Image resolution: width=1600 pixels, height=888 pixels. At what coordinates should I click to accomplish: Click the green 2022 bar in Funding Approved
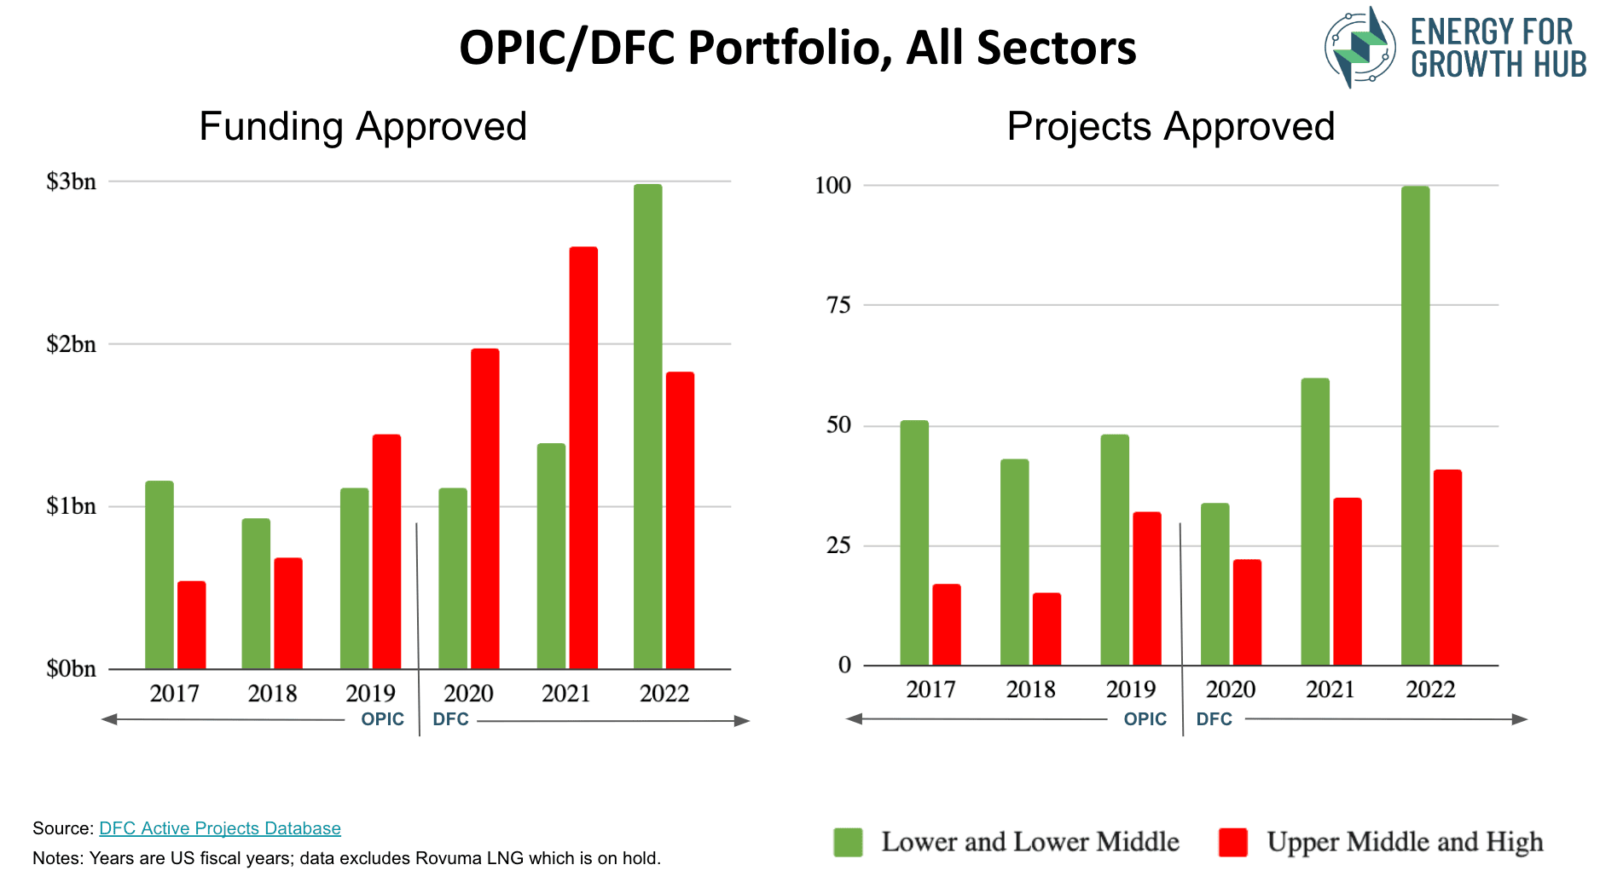click(647, 426)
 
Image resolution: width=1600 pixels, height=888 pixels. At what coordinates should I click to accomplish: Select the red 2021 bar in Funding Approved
click(583, 458)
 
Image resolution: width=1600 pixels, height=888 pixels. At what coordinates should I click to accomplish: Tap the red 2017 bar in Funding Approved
click(191, 625)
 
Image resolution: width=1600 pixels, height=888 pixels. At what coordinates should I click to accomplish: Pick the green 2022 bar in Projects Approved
click(1415, 425)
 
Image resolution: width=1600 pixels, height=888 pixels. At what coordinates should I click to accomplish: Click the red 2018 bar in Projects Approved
click(1046, 629)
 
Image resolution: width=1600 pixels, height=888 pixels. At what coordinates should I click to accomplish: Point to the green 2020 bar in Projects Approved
click(1214, 584)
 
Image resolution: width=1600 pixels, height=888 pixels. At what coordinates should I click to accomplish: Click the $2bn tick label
click(71, 344)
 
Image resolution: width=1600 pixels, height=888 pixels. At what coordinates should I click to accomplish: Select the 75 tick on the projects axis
click(838, 305)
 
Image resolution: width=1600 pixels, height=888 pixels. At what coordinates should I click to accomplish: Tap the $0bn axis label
click(71, 669)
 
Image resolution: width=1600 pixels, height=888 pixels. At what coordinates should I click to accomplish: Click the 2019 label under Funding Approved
click(370, 694)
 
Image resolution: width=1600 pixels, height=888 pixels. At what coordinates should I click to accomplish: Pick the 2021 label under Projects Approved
click(1330, 689)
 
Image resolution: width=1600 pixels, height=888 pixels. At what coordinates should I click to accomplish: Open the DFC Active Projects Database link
click(220, 828)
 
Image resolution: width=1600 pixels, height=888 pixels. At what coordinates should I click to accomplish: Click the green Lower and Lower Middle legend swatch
click(848, 842)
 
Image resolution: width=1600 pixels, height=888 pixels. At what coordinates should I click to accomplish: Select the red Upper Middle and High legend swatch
click(1232, 842)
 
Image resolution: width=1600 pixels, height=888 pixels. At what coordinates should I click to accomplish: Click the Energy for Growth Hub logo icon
click(1359, 48)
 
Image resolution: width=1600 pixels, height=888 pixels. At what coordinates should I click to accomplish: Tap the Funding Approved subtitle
click(362, 127)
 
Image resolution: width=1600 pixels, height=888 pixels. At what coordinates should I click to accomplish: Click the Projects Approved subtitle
click(1170, 127)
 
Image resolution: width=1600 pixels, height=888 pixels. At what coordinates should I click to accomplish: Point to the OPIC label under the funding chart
click(382, 719)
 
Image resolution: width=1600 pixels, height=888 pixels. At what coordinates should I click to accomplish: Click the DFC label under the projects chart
click(1214, 719)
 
